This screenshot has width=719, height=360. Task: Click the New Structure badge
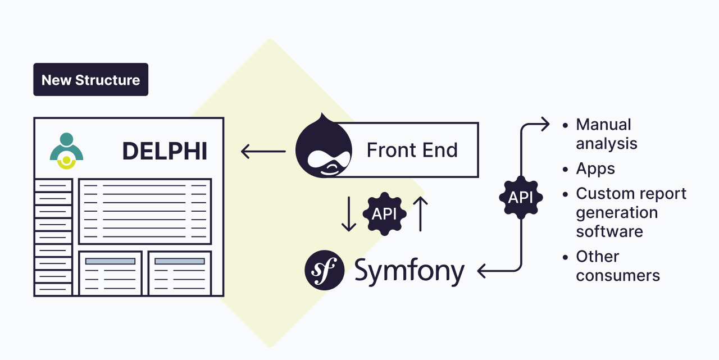[90, 80]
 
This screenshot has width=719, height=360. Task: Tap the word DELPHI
[165, 151]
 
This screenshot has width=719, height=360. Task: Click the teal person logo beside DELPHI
[66, 151]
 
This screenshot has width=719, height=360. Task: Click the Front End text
[412, 150]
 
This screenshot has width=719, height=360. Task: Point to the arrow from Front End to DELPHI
[263, 151]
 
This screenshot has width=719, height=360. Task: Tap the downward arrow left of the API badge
[349, 213]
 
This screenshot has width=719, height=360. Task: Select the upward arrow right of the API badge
[420, 213]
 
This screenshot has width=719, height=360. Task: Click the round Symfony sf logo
[324, 270]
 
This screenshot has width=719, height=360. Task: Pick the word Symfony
[409, 271]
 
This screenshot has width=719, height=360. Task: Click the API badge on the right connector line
[521, 197]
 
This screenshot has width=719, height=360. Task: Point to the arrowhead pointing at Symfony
[482, 271]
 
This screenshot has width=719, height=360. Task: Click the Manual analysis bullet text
[606, 134]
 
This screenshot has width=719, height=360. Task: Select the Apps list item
[595, 168]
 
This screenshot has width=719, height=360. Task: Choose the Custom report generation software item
[631, 212]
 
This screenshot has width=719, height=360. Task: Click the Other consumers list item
[617, 266]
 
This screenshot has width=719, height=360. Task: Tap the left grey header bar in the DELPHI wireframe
[110, 261]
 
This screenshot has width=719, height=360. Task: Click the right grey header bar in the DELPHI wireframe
[180, 261]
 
